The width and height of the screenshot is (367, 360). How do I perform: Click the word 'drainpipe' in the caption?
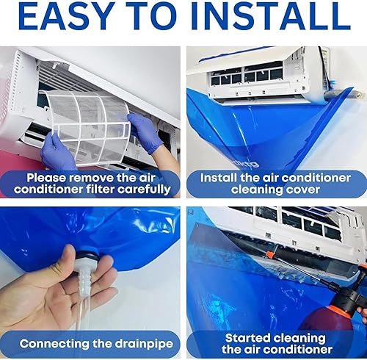pyautogui.click(x=145, y=344)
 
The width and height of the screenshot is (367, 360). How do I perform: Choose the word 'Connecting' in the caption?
pyautogui.click(x=54, y=344)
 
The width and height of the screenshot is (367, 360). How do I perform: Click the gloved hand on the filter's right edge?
pyautogui.click(x=145, y=132)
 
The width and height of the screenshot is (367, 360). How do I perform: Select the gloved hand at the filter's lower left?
pyautogui.click(x=58, y=153)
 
